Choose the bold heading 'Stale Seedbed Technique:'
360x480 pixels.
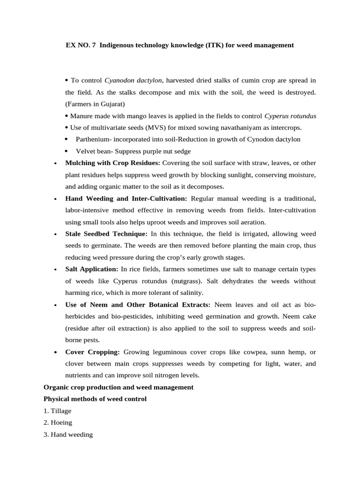[106, 234]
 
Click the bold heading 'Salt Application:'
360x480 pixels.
[91, 269]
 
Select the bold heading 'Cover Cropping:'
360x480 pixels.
[92, 352]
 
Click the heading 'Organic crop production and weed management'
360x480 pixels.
[118, 387]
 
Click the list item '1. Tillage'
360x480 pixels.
[57, 411]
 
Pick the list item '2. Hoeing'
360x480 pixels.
[58, 423]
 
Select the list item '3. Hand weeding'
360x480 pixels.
[68, 435]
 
